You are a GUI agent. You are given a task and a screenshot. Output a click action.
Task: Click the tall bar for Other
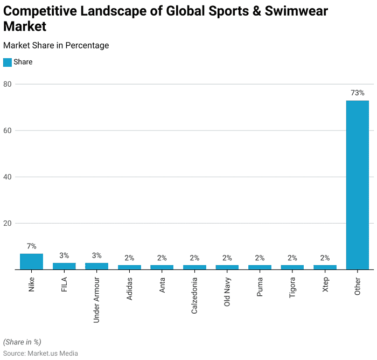pos(357,185)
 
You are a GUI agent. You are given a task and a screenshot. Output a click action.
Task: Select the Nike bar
pos(31,261)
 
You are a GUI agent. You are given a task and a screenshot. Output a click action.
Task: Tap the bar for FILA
pos(64,266)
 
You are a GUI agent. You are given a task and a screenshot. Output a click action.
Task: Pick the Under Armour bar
pos(96,266)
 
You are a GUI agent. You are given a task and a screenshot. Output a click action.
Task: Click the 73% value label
pos(357,93)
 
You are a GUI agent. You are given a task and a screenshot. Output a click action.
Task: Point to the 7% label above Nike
pos(31,246)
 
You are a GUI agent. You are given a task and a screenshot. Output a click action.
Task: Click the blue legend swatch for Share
pos(8,62)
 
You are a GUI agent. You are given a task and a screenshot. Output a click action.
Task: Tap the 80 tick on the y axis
pos(8,84)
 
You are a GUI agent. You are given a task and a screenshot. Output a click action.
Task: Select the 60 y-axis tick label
pos(8,130)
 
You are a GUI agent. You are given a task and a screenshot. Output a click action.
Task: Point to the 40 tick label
pos(8,177)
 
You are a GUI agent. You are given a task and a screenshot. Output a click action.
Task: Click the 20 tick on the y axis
pos(8,223)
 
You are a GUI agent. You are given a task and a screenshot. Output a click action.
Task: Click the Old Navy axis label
pos(227,292)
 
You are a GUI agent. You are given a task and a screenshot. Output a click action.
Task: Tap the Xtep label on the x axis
pos(325,285)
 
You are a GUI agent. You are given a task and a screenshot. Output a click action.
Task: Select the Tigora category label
pos(292,288)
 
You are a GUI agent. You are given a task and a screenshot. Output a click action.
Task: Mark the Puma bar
pos(260,267)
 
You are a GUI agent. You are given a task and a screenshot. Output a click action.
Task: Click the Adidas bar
pos(129,267)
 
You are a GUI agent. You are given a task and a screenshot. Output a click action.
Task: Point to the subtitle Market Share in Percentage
pos(56,45)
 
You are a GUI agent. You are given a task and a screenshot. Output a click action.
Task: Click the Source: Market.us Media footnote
pos(40,353)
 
